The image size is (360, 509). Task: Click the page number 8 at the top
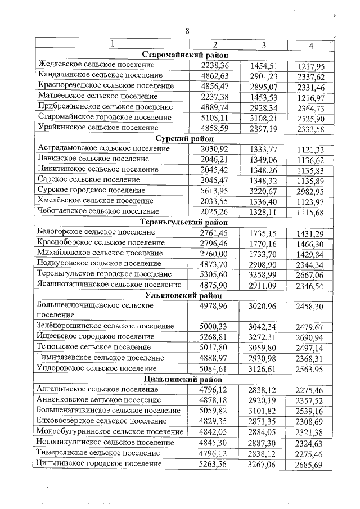[187, 31]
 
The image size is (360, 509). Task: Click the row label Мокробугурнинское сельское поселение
[110, 431]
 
